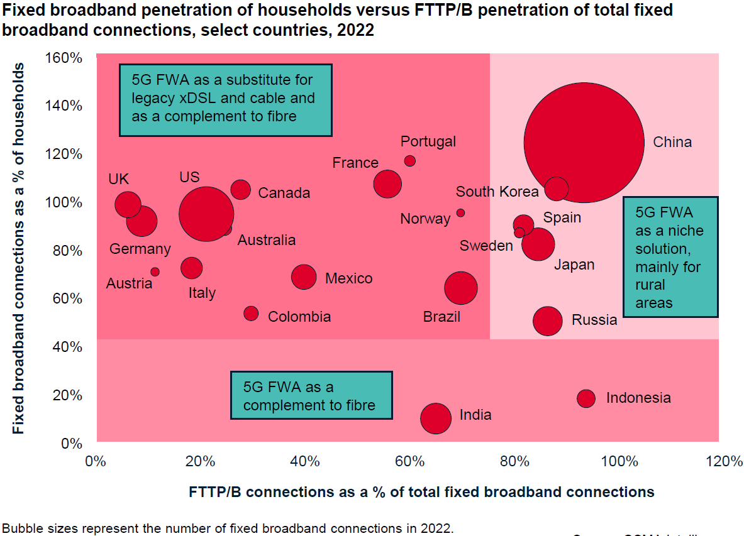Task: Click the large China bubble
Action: pyautogui.click(x=584, y=142)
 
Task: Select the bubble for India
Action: pyautogui.click(x=436, y=418)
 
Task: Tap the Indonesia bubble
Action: pyautogui.click(x=586, y=398)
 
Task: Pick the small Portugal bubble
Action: pyautogui.click(x=409, y=161)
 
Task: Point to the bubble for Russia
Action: pyautogui.click(x=547, y=320)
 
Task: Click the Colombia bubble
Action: pyautogui.click(x=251, y=313)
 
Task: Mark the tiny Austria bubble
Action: pyautogui.click(x=155, y=272)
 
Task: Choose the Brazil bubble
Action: pyautogui.click(x=461, y=288)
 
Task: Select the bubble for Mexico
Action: pyautogui.click(x=304, y=276)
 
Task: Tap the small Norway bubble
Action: pyautogui.click(x=460, y=213)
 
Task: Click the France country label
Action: pyautogui.click(x=355, y=163)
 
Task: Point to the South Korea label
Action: pyautogui.click(x=497, y=192)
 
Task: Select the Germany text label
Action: pyautogui.click(x=140, y=249)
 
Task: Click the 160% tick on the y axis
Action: pyautogui.click(x=64, y=58)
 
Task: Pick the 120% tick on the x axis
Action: pyautogui.click(x=724, y=462)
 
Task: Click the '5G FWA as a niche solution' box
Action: pyautogui.click(x=670, y=257)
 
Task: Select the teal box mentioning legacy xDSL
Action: pyautogui.click(x=225, y=99)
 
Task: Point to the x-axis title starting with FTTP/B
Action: pyautogui.click(x=421, y=491)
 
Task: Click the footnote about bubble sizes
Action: pyautogui.click(x=227, y=528)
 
